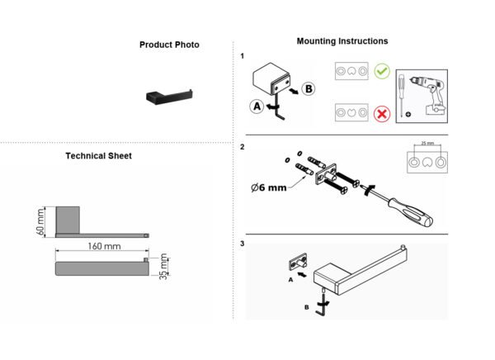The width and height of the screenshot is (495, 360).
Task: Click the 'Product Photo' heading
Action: point(169,45)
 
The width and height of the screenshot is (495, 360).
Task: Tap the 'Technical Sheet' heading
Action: point(98,156)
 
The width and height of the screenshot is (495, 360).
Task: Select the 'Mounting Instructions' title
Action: point(342,41)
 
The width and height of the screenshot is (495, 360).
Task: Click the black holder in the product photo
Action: point(169,96)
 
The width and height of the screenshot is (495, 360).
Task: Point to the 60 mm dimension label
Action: point(40,221)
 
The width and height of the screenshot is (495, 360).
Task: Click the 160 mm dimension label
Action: point(104,246)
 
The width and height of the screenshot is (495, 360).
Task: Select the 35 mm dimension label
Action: point(163,267)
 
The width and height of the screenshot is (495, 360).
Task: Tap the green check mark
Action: point(382,71)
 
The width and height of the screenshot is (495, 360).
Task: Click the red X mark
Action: point(382,113)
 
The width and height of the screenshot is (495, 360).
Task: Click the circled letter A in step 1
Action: point(257,107)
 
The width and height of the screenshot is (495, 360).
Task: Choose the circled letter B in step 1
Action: point(309,89)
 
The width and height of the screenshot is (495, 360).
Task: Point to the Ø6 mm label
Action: point(269,187)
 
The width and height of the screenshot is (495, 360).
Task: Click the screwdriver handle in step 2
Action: point(411,211)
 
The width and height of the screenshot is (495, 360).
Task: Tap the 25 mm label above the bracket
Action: point(427,143)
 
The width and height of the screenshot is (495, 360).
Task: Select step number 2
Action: point(242,147)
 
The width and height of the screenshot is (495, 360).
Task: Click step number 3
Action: point(242,244)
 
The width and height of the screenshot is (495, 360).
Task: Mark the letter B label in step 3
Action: point(306,307)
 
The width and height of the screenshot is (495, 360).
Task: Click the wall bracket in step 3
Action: point(299,262)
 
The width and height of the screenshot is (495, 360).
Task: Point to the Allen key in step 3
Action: point(323,302)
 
